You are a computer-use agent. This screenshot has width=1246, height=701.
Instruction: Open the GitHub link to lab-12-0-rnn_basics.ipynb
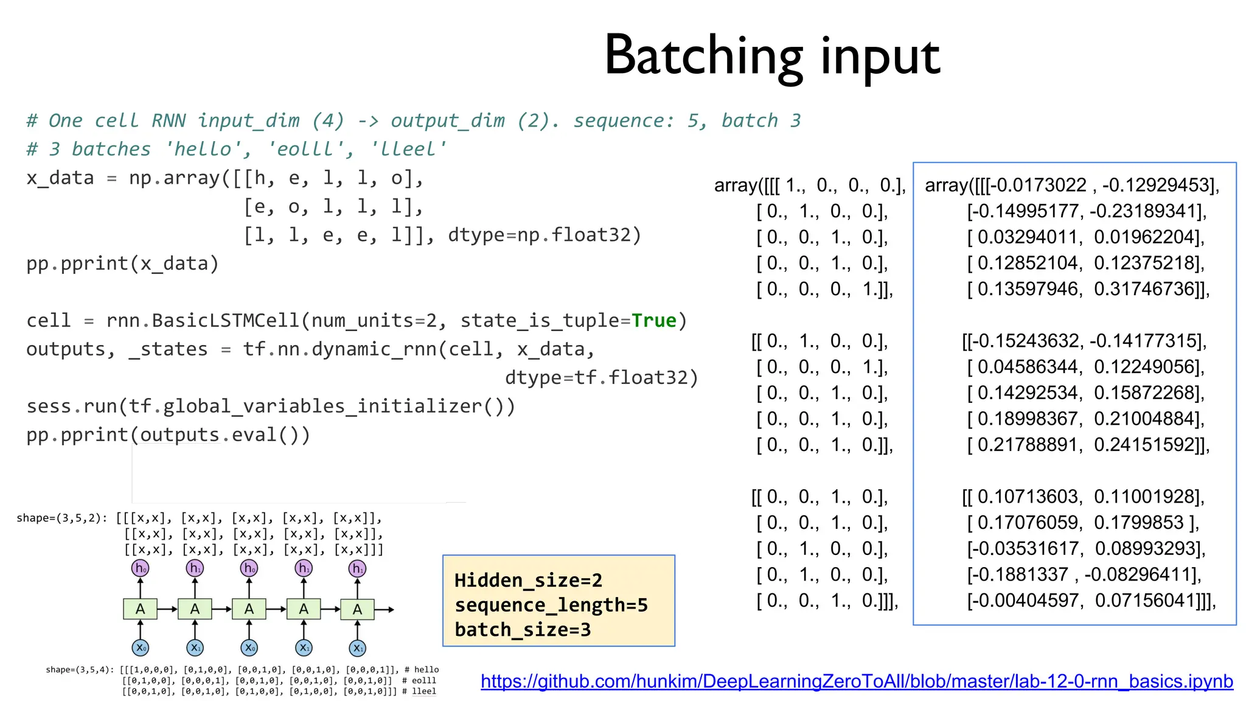click(857, 682)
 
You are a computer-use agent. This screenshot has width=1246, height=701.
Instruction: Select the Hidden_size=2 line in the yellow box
click(528, 580)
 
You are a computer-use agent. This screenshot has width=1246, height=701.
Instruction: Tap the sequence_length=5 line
click(551, 605)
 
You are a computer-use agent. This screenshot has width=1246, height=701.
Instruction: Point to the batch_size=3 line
click(523, 629)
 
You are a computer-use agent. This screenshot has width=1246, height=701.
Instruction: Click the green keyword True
click(653, 321)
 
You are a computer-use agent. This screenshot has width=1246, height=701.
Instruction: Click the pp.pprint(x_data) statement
click(122, 263)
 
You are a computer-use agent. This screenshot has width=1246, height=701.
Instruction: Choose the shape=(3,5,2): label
click(61, 518)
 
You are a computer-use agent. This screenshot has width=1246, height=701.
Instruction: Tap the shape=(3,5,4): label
click(79, 670)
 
